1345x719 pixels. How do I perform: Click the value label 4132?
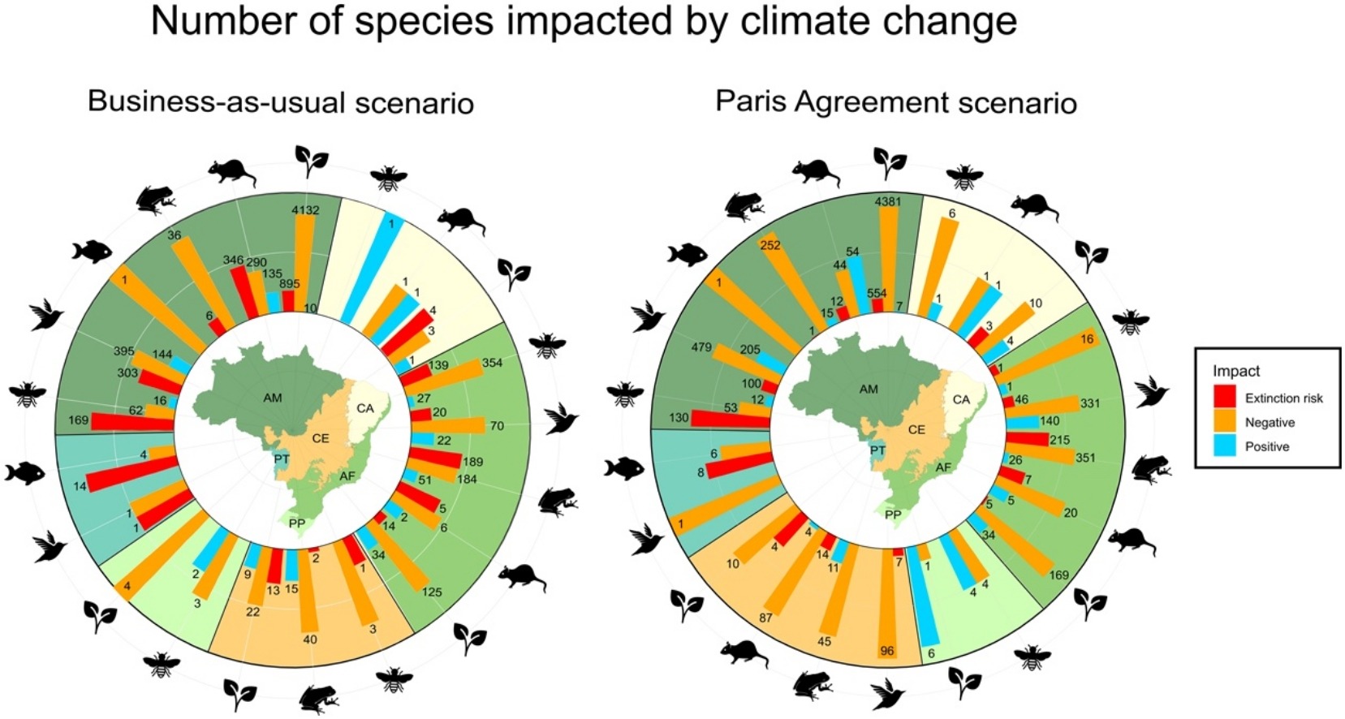click(x=305, y=210)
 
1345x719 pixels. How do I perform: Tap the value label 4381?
click(x=887, y=202)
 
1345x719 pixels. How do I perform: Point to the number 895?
click(x=289, y=284)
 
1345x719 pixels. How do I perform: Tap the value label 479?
click(x=701, y=347)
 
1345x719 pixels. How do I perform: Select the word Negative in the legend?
click(x=1270, y=422)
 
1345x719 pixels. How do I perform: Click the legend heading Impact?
click(x=1235, y=371)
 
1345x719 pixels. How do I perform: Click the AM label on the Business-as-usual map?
click(x=273, y=398)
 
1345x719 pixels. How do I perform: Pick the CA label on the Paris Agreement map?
click(x=961, y=399)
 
